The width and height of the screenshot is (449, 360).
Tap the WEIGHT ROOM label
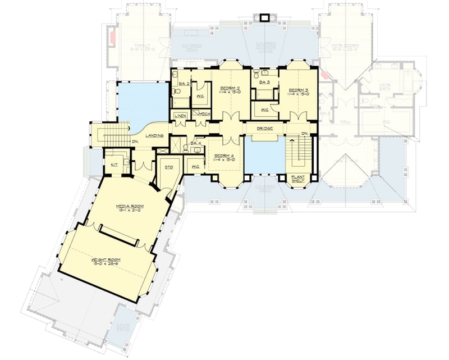[106, 260]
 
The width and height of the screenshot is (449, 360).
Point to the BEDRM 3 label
[299, 90]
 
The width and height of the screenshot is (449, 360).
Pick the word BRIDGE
[264, 129]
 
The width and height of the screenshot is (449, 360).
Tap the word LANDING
[154, 136]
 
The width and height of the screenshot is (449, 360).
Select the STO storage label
[167, 167]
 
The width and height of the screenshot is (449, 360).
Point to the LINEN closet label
[180, 116]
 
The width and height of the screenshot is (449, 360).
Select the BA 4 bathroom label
[195, 143]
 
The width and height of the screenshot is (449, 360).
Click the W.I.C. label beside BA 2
[200, 96]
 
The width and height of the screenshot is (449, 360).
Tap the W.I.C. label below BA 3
[264, 110]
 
